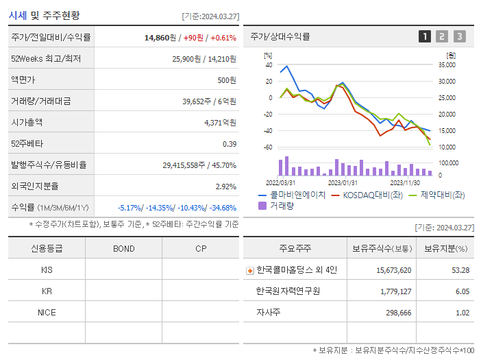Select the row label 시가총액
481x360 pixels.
pyautogui.click(x=27, y=123)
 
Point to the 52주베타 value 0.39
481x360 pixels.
pyautogui.click(x=229, y=144)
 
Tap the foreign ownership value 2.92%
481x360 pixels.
pyautogui.click(x=225, y=187)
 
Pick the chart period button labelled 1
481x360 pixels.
pyautogui.click(x=425, y=37)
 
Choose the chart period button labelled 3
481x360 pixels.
pyautogui.click(x=459, y=37)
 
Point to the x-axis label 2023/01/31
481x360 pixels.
pyautogui.click(x=342, y=183)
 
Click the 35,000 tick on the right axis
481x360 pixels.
pyautogui.click(x=446, y=65)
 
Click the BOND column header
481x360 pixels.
pyautogui.click(x=123, y=248)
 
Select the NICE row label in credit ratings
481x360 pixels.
pyautogui.click(x=47, y=312)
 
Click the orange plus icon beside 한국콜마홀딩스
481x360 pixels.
pyautogui.click(x=250, y=270)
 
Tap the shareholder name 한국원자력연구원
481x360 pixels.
pyautogui.click(x=288, y=291)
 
